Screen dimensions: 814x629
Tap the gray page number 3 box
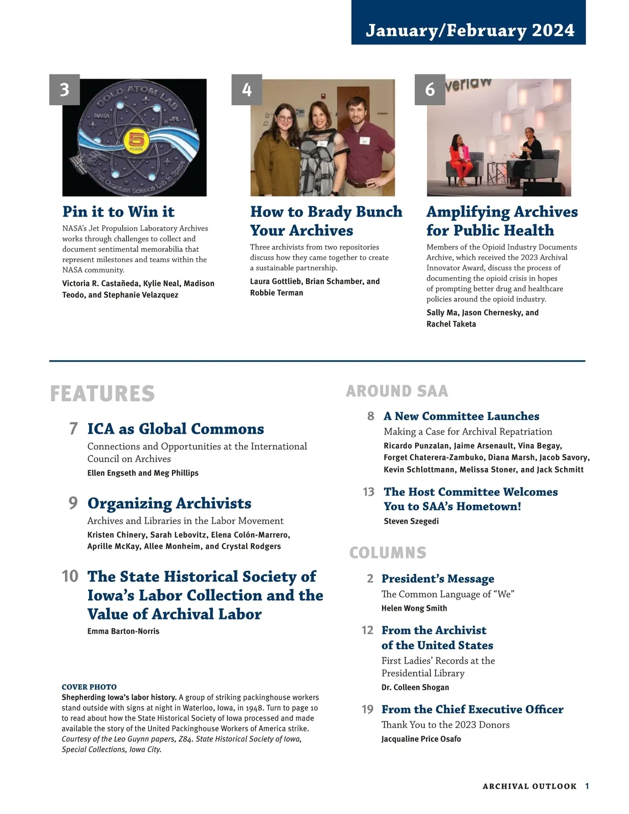64,90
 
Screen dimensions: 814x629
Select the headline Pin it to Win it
118,211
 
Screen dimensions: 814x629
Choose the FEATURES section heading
102,394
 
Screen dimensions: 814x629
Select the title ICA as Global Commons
176,429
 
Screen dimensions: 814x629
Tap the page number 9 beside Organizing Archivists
73,503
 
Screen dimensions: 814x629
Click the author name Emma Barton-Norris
123,631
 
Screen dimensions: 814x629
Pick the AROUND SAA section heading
397,391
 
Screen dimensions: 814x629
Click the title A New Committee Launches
461,416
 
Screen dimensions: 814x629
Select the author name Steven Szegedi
411,521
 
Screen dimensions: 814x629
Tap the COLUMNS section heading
388,552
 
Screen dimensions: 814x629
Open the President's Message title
438,579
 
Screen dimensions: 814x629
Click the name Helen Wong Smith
414,608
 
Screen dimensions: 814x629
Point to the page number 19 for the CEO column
367,709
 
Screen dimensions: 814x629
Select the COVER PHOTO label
89,687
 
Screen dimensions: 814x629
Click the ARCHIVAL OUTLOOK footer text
529,786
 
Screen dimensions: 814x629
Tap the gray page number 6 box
430,90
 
